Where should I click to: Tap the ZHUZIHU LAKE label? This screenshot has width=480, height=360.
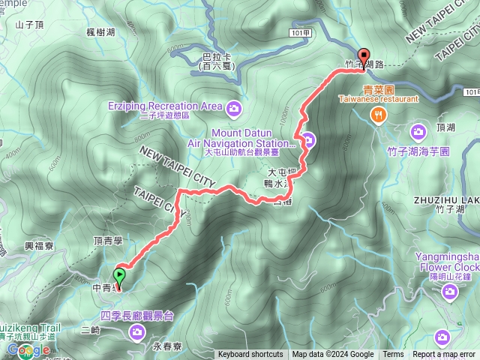(x=445, y=200)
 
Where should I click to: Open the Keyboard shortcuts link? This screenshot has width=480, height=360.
(x=250, y=355)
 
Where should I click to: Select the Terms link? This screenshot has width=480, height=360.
(x=393, y=355)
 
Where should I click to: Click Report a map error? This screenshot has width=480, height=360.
(x=445, y=355)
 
